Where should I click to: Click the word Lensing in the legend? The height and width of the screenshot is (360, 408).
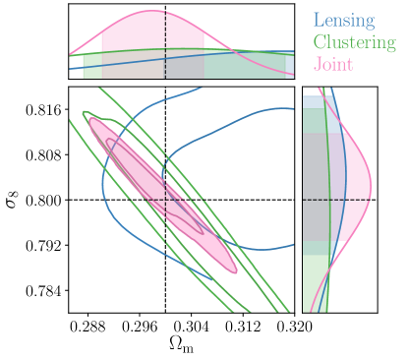[x=343, y=19]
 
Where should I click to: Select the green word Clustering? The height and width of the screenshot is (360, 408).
[x=354, y=42]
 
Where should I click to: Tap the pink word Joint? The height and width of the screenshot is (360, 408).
[x=332, y=65]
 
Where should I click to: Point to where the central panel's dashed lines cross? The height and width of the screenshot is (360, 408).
[x=165, y=200]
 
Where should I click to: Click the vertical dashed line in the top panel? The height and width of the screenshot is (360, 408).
[x=165, y=44]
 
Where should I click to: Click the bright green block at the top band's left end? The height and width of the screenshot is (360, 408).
[x=91, y=65]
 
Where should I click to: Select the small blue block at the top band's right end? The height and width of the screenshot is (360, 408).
[x=290, y=65]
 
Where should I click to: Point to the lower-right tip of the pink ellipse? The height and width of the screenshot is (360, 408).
[x=234, y=270]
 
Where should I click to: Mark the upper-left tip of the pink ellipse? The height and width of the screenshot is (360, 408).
[x=92, y=121]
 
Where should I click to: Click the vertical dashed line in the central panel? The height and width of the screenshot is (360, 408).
[x=165, y=148]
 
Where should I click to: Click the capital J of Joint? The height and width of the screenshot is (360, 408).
[x=317, y=65]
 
